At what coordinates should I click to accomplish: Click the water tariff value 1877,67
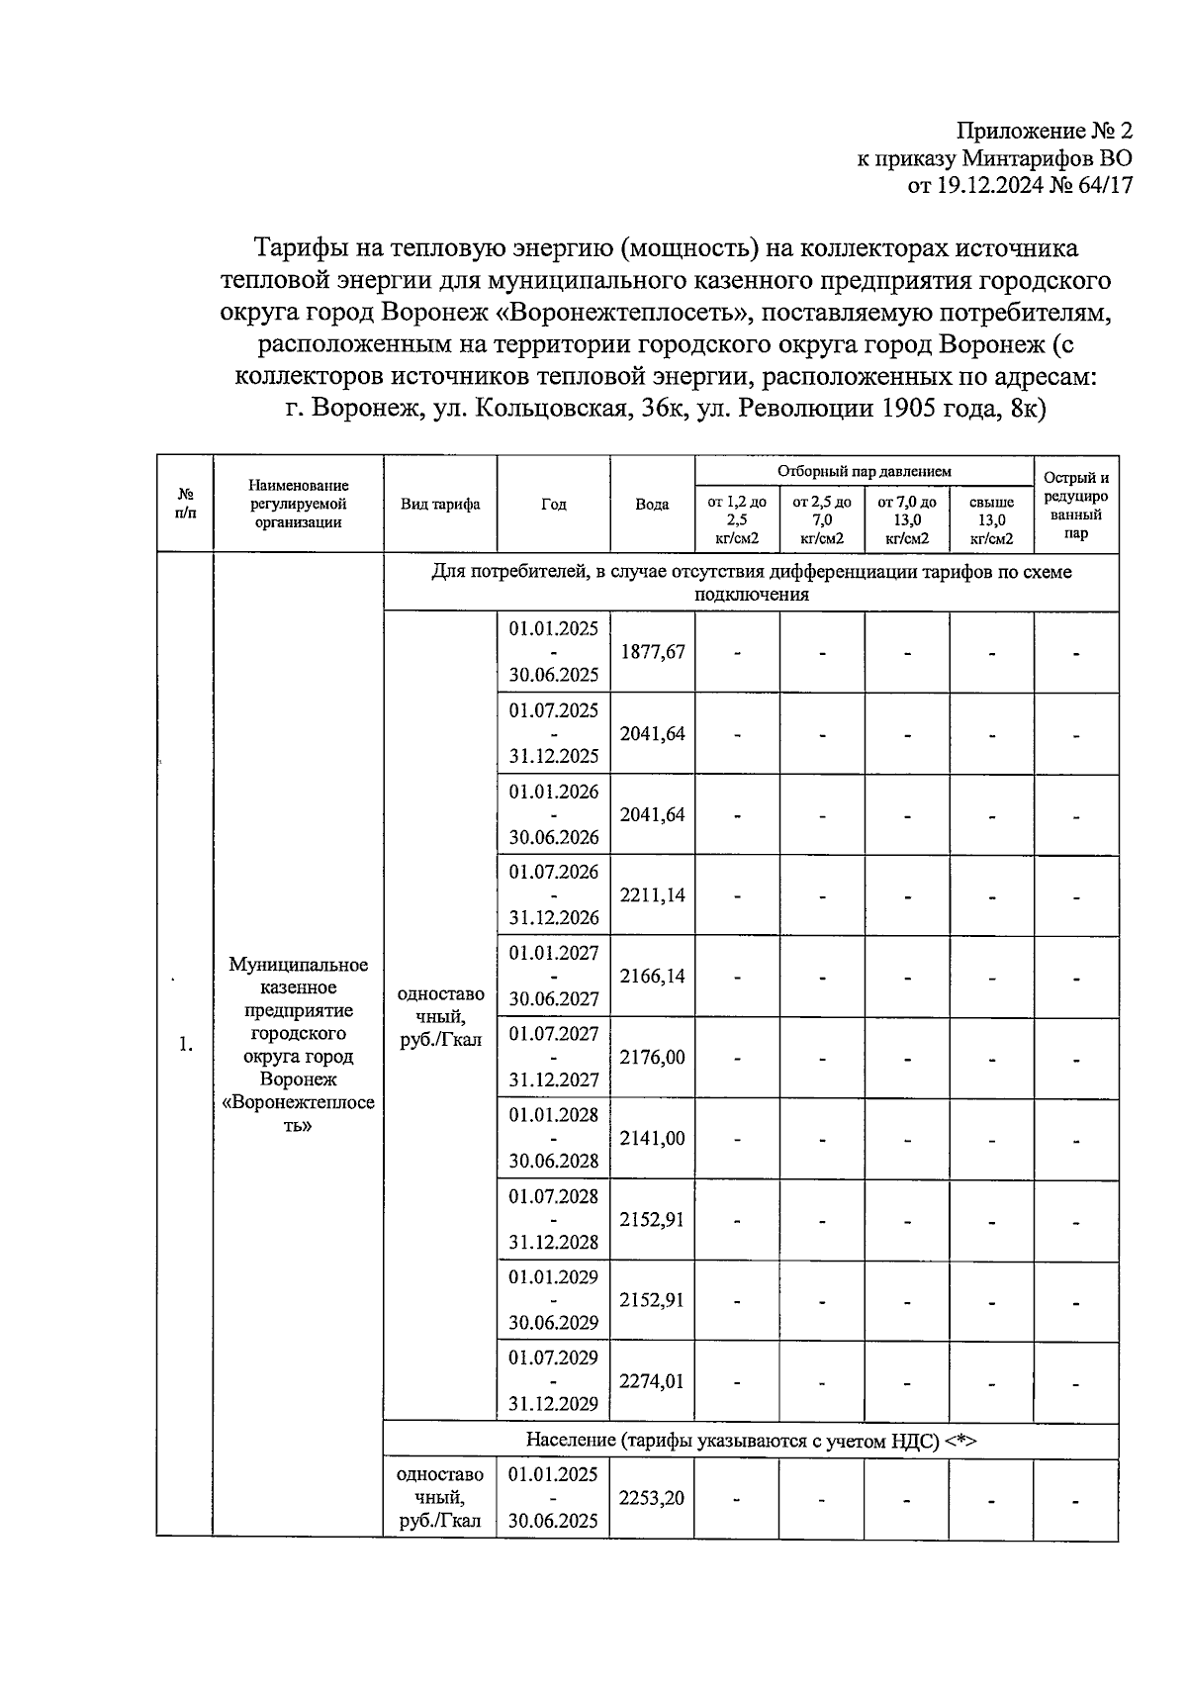click(x=652, y=652)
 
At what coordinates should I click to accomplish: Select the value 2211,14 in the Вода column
click(x=652, y=895)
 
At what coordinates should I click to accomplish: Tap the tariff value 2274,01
click(x=652, y=1381)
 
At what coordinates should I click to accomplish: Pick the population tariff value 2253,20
click(x=652, y=1498)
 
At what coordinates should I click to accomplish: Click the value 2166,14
click(x=652, y=977)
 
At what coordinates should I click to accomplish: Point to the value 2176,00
click(x=652, y=1058)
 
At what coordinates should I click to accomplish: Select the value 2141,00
click(x=652, y=1139)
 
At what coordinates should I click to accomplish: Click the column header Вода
click(x=652, y=505)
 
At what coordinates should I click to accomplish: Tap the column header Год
click(x=554, y=505)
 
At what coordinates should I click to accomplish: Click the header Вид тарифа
click(x=440, y=505)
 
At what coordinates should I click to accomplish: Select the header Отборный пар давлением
click(x=864, y=472)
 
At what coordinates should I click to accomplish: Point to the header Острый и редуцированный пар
click(x=1076, y=506)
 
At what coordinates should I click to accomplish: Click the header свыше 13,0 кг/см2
click(x=991, y=520)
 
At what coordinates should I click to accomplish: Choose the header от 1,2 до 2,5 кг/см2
click(x=737, y=520)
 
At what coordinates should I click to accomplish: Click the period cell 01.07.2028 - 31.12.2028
click(x=554, y=1219)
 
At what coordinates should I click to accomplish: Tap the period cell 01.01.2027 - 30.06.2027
click(x=554, y=977)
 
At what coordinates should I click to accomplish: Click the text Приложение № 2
click(x=1044, y=132)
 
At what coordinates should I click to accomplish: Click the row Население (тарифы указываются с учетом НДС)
click(x=751, y=1441)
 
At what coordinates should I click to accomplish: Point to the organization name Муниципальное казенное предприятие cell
click(x=299, y=1045)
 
